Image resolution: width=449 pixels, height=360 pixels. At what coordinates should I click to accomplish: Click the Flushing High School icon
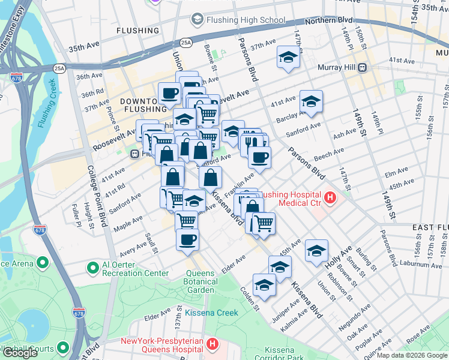pos(197,20)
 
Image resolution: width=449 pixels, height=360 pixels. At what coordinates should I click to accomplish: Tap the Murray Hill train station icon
pos(363,68)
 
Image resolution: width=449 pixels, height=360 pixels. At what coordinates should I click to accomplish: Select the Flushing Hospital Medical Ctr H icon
pos(329,197)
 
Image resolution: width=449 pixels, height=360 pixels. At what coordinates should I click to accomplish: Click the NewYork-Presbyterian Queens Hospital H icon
pos(211,344)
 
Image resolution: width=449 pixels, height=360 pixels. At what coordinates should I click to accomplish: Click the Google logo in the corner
pos(20,353)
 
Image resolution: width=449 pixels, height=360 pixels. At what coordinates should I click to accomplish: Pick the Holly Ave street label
pos(338,259)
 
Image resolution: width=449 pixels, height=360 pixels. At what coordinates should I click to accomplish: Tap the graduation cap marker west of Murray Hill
pos(288,57)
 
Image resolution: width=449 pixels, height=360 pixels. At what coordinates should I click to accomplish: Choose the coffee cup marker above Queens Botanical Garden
pos(187,239)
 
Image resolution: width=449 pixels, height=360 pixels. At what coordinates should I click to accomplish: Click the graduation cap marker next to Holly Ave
pos(316,250)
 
